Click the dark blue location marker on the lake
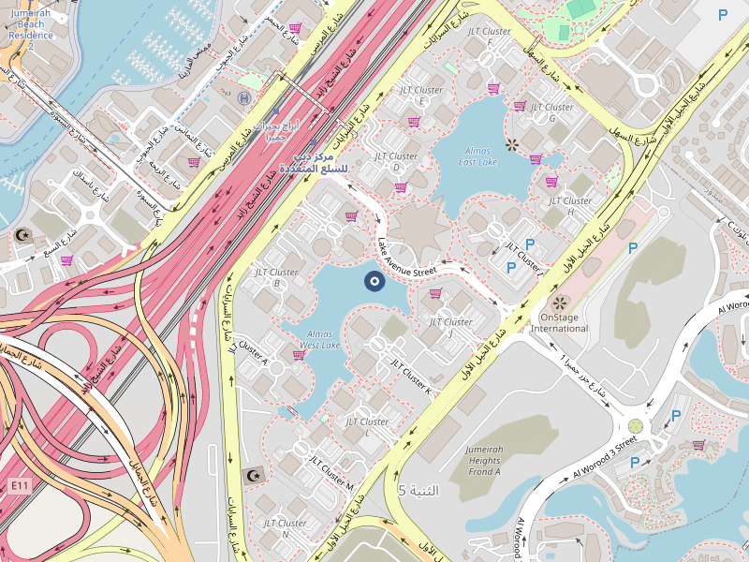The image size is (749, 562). coord(374,280)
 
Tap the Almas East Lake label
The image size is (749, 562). coord(478,155)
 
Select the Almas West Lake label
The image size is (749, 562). coord(319,339)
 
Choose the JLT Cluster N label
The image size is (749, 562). coord(286,528)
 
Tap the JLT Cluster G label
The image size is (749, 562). coord(551,112)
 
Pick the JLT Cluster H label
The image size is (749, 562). coord(570,206)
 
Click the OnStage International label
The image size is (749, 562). coord(565,322)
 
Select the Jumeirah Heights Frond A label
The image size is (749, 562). coord(484,460)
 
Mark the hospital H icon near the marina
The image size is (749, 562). coord(244,97)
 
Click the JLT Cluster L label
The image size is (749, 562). coord(367,427)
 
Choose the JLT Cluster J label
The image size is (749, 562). coord(451,327)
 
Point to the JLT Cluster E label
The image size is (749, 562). coord(421,96)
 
